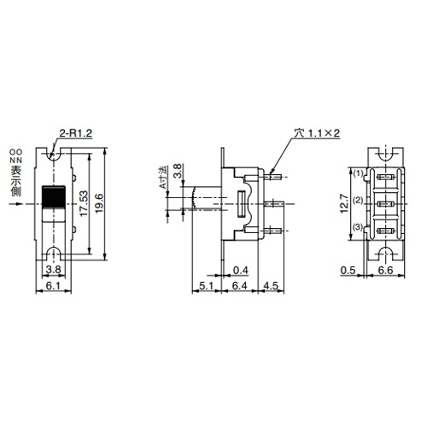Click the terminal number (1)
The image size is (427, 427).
359,173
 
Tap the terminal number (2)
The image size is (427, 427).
359,201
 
